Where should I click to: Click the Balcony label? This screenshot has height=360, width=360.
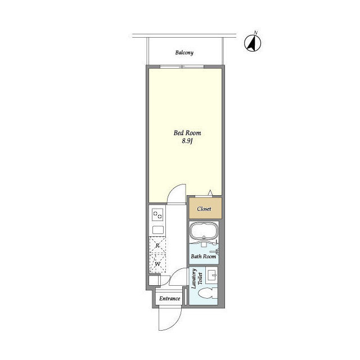point(184,53)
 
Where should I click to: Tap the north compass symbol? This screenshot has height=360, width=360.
point(253,43)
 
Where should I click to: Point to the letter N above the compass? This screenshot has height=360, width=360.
point(255,33)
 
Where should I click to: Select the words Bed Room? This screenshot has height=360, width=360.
point(187,133)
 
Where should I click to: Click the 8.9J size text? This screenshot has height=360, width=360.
point(187,141)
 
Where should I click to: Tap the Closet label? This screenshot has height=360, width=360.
point(204,209)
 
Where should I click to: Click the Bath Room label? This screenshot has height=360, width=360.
point(204,256)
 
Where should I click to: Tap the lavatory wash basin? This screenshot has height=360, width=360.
point(211,274)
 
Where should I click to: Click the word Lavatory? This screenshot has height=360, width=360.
point(193,278)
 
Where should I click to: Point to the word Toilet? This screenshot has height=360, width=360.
point(200,278)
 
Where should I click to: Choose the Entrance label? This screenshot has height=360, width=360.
point(170,299)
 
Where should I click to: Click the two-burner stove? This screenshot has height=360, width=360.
point(157,215)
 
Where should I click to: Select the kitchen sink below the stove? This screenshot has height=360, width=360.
point(158,229)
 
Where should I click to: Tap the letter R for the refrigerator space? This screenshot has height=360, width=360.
point(157,245)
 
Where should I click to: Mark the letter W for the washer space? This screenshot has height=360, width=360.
point(157,264)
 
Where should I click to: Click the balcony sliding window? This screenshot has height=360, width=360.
point(182,66)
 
